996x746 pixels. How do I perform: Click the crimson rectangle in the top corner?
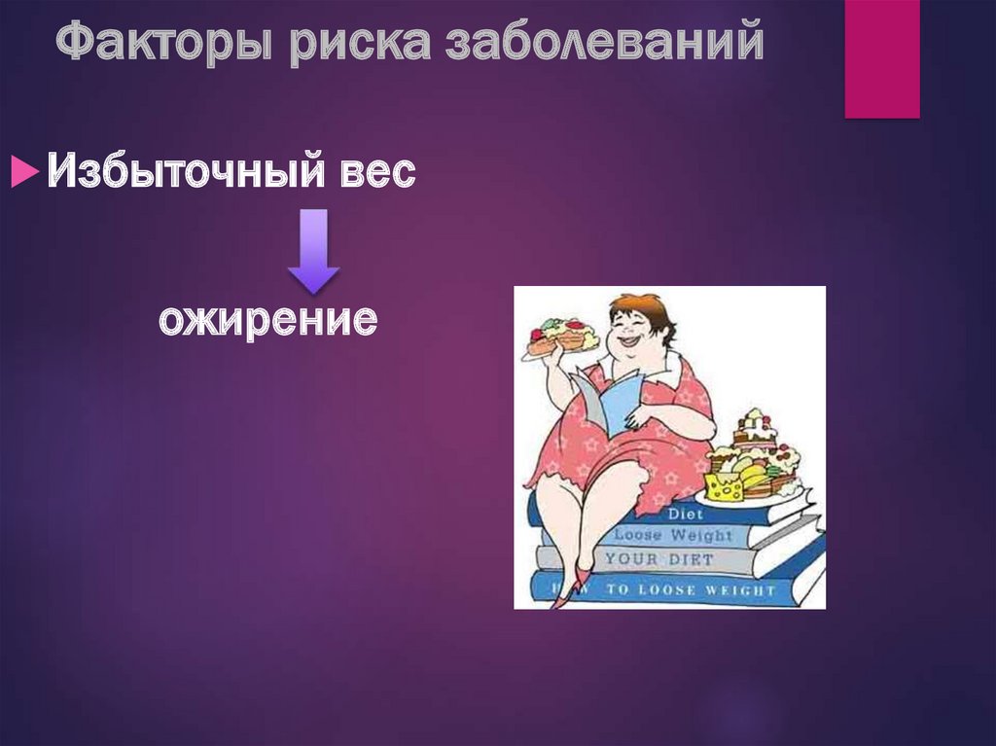[x=881, y=58]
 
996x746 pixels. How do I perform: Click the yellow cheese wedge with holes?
[x=724, y=486]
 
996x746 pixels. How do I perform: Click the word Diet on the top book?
[x=687, y=515]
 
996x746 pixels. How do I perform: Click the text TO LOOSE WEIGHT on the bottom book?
[x=690, y=589]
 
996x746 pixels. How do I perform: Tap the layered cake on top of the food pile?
[x=755, y=428]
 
